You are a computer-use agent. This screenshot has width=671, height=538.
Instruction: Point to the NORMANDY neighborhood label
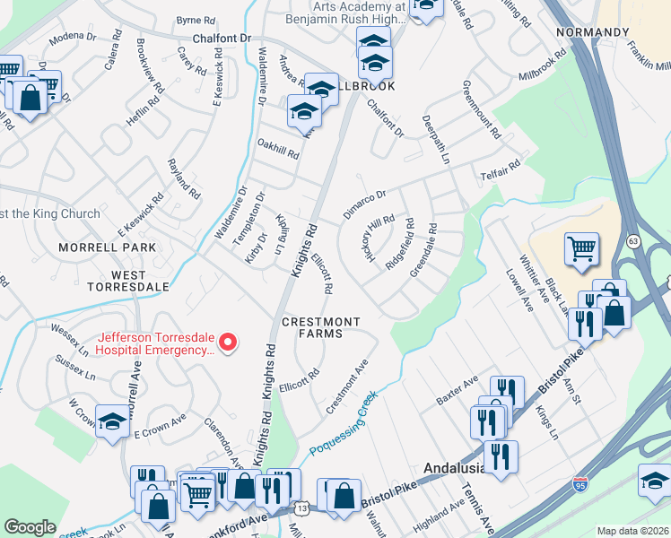(x=592, y=32)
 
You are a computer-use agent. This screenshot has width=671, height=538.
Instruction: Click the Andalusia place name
(x=454, y=469)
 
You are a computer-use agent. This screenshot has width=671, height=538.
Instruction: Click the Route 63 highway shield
(x=633, y=241)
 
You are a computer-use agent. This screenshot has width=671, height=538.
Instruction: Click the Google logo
(x=30, y=526)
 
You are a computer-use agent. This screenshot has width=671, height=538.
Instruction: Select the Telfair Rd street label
(x=500, y=169)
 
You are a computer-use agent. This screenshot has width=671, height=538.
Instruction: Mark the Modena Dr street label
(x=73, y=38)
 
